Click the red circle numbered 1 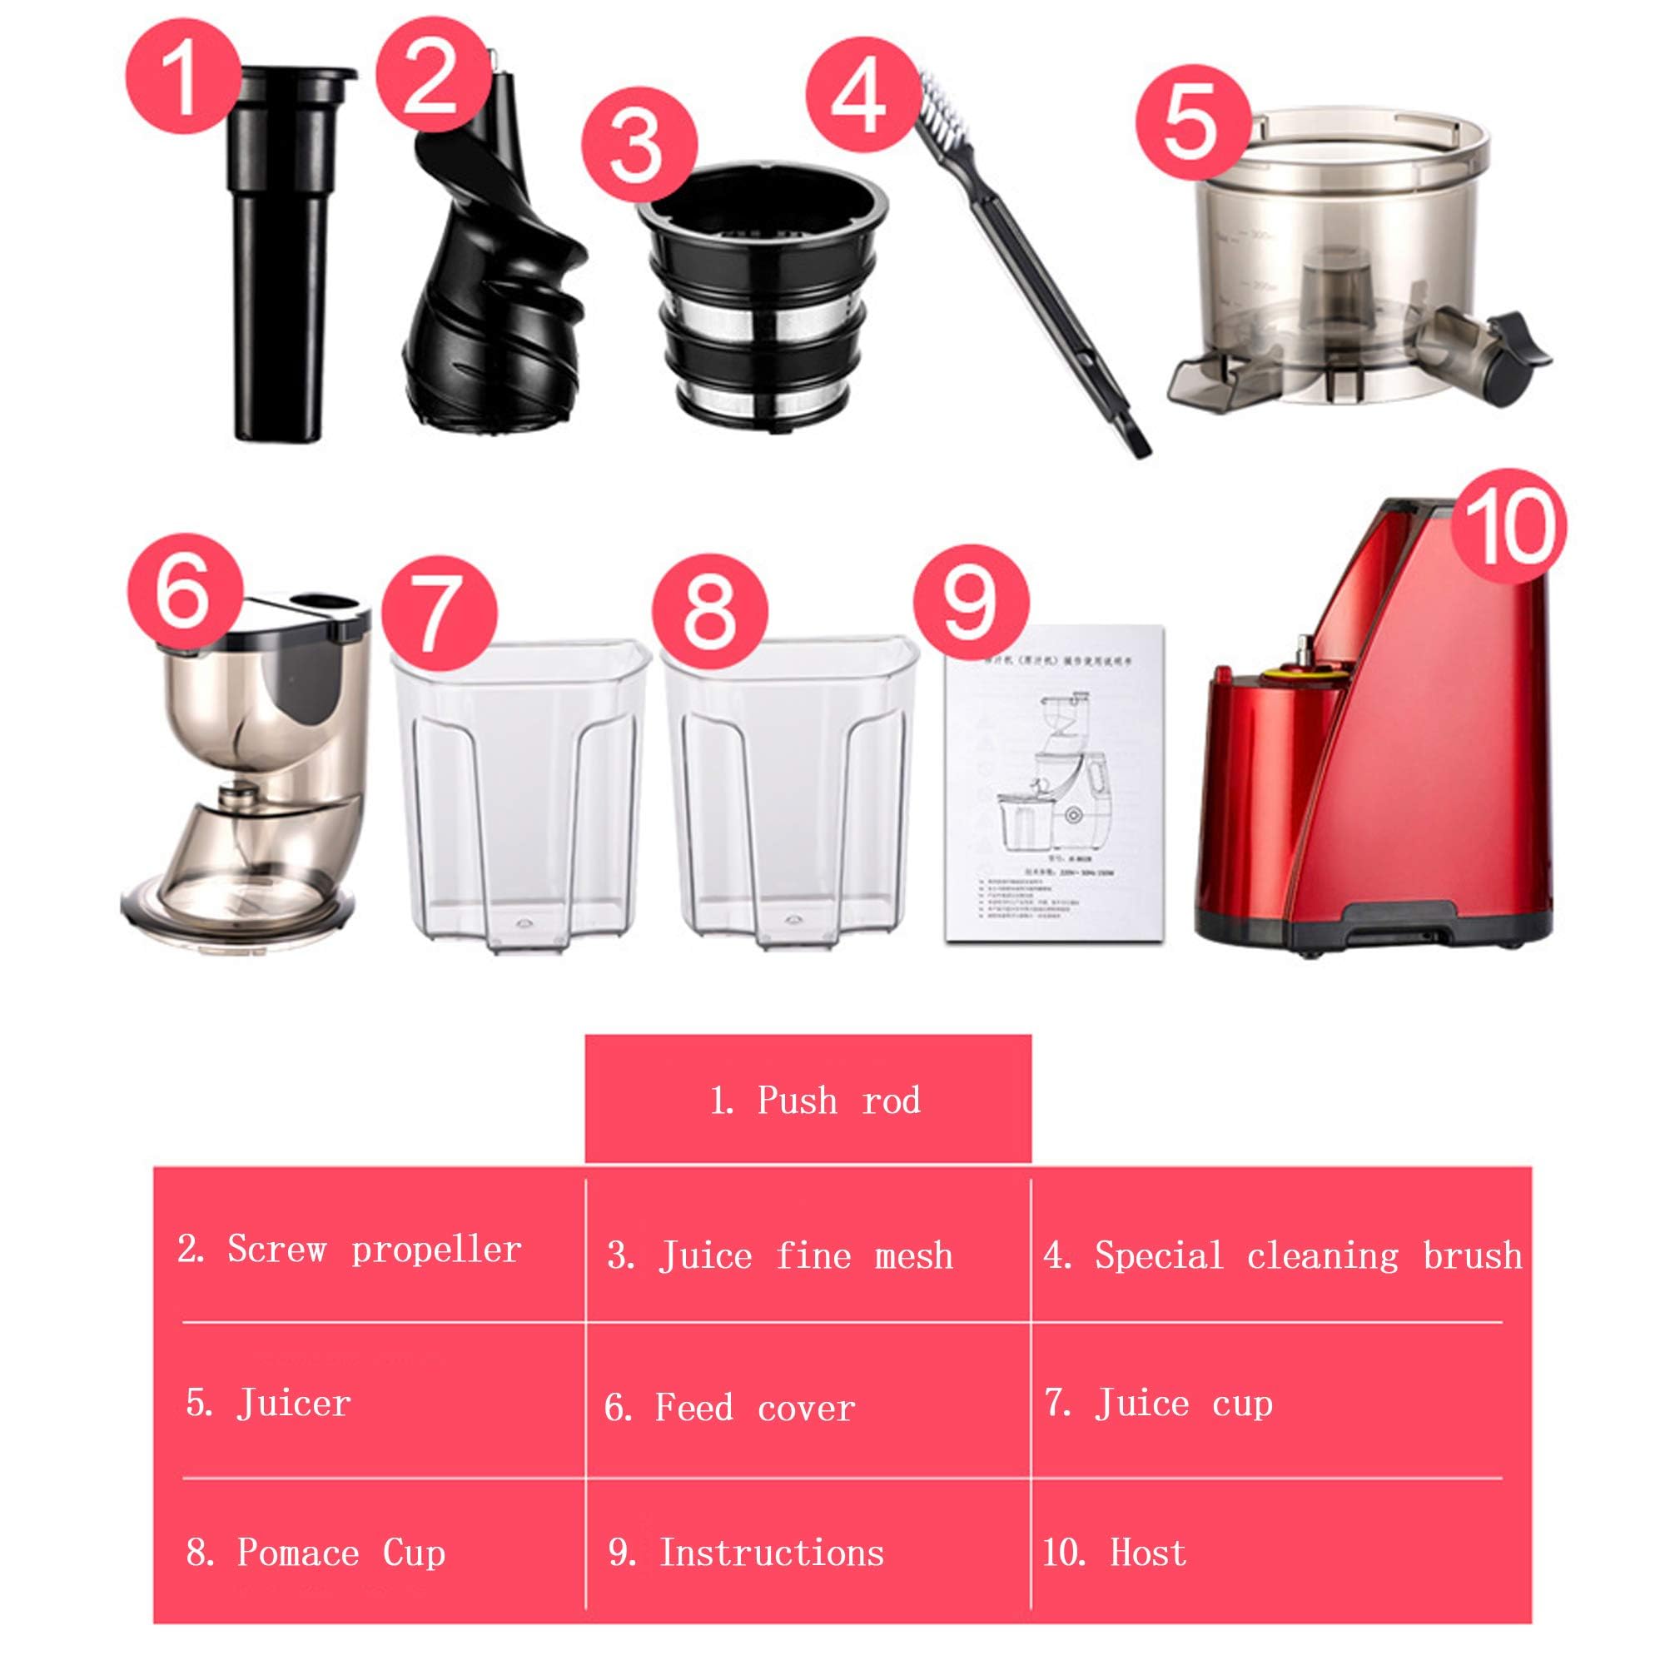[182, 76]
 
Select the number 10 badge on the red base [1509, 527]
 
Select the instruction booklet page [1054, 784]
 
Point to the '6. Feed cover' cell [729, 1409]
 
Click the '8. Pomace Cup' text [316, 1553]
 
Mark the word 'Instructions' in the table [772, 1553]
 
